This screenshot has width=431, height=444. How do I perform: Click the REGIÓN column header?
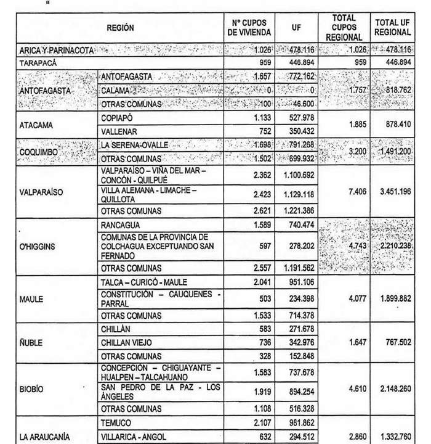(119, 28)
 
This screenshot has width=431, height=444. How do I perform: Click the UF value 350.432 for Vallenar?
(301, 132)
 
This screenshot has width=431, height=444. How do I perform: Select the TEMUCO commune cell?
(116, 423)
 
